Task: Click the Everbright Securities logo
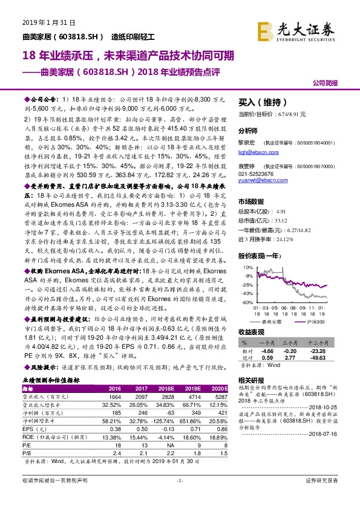click(x=297, y=29)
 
